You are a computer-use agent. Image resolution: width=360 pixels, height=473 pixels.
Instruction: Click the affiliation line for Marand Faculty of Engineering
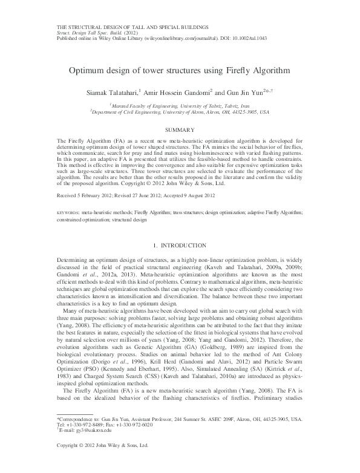(180, 105)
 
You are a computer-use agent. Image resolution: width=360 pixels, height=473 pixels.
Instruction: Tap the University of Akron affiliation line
(180, 111)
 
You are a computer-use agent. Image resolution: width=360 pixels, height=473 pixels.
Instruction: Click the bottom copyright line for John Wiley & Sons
(102, 463)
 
